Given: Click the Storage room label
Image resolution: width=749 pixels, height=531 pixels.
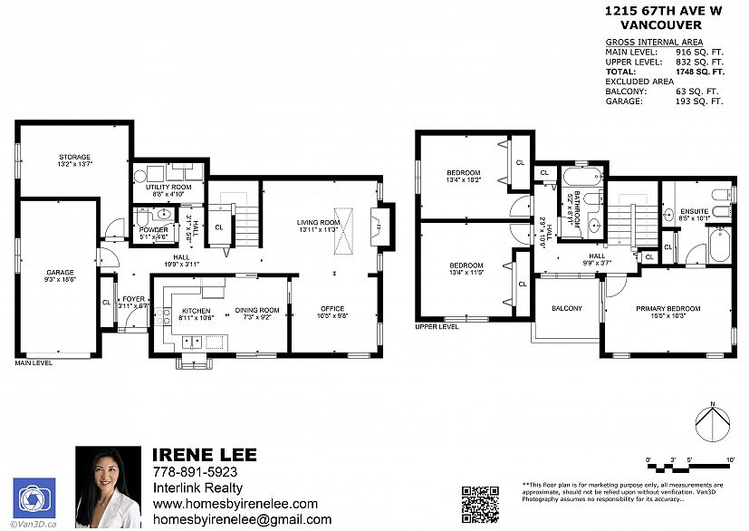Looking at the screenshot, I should click(x=75, y=157).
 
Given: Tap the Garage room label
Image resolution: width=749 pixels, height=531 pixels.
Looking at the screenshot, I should click(x=61, y=272).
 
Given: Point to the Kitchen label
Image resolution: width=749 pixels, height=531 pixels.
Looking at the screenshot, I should click(x=196, y=310).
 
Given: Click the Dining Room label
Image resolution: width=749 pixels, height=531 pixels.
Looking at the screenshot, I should click(x=257, y=310).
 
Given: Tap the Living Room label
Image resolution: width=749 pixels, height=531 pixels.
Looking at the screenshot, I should click(x=318, y=222).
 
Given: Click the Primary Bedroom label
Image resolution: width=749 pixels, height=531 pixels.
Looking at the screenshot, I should click(x=667, y=308).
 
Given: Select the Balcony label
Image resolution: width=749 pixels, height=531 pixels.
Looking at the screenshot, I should click(x=567, y=308).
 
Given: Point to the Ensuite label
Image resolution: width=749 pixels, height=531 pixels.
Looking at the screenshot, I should click(x=695, y=211).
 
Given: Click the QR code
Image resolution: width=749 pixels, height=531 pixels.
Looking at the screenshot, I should click(x=481, y=505).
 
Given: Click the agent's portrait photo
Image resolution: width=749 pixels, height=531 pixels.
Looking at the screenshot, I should click(x=109, y=488).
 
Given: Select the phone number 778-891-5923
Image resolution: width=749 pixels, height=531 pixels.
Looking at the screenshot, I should click(x=195, y=472).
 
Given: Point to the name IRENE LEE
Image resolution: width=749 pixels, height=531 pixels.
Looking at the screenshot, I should click(x=204, y=454).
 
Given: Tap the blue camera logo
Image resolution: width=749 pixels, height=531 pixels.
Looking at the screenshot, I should click(x=34, y=497).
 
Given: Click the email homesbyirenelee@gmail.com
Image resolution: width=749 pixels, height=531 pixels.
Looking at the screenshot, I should click(x=241, y=519).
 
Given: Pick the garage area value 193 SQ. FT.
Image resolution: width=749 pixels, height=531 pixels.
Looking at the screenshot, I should click(x=699, y=101).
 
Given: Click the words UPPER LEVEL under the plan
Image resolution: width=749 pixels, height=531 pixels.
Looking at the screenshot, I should click(x=437, y=326).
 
